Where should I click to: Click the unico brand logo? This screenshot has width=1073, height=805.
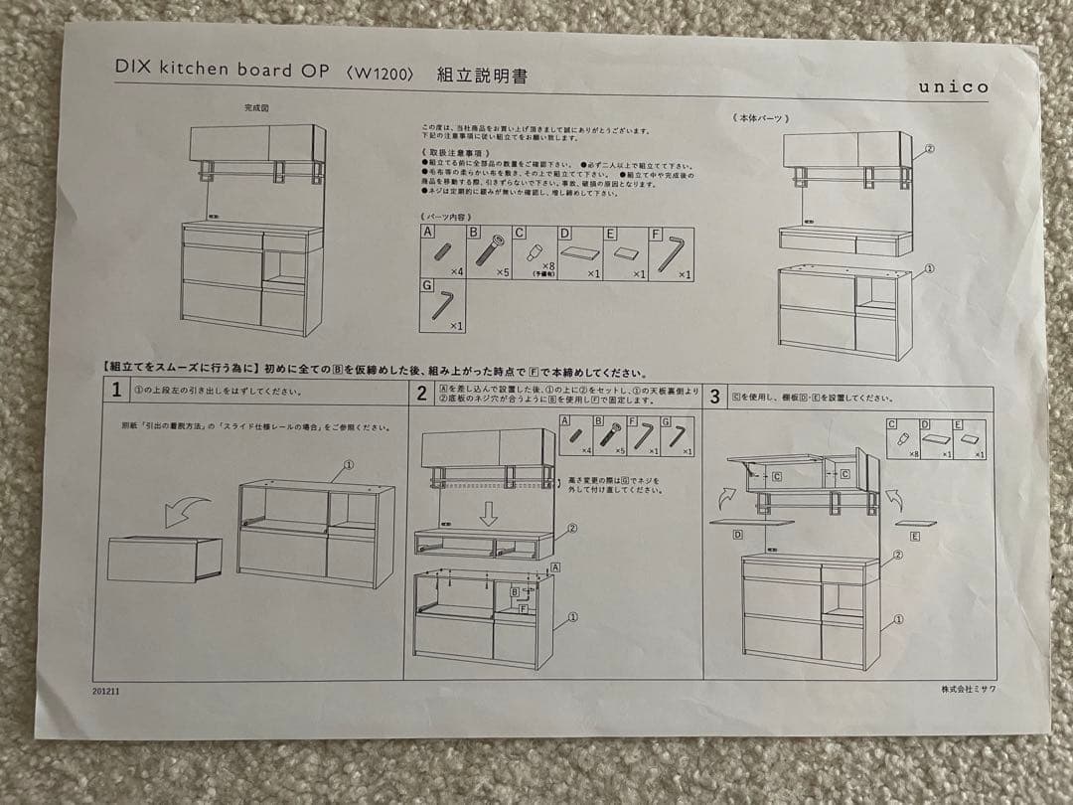pyautogui.click(x=952, y=87)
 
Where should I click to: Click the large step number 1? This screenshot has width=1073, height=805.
pyautogui.click(x=116, y=392)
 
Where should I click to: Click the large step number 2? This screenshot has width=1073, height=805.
pyautogui.click(x=421, y=395)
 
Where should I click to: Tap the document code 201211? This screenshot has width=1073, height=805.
pyautogui.click(x=106, y=690)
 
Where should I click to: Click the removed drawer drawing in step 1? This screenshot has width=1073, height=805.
pyautogui.click(x=164, y=559)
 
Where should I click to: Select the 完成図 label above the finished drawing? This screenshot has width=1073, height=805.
pyautogui.click(x=256, y=107)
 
